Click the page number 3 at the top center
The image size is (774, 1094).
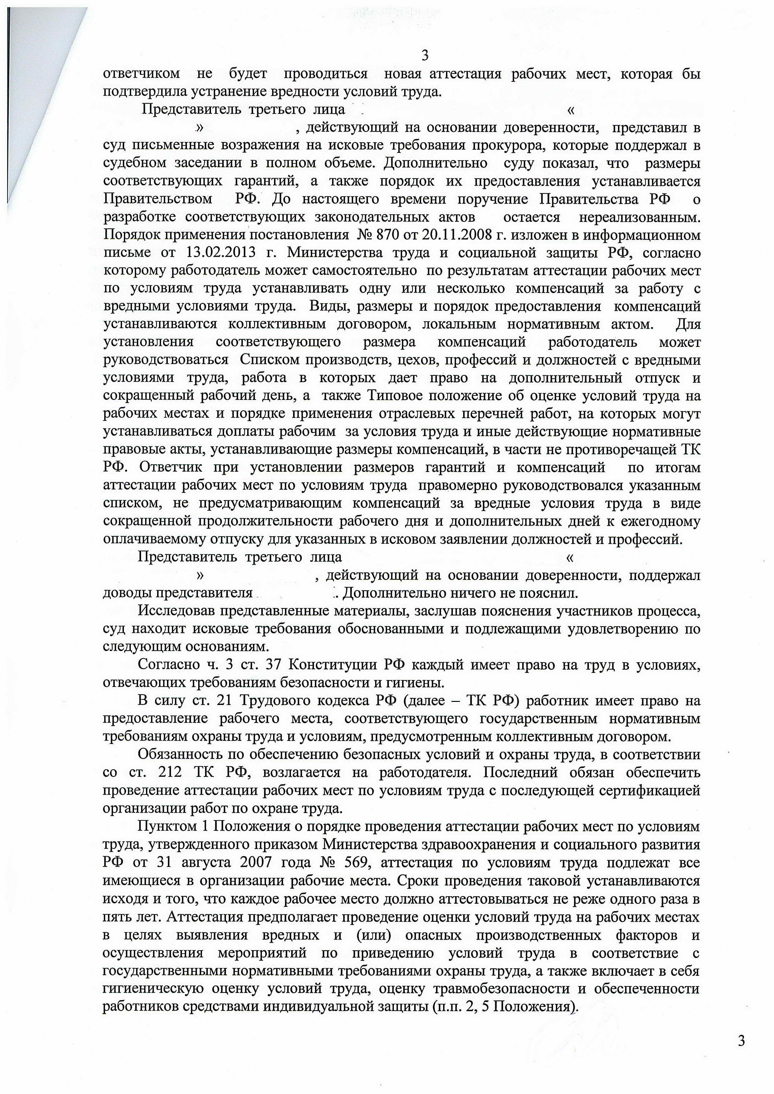425,56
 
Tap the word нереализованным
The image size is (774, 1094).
639,217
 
